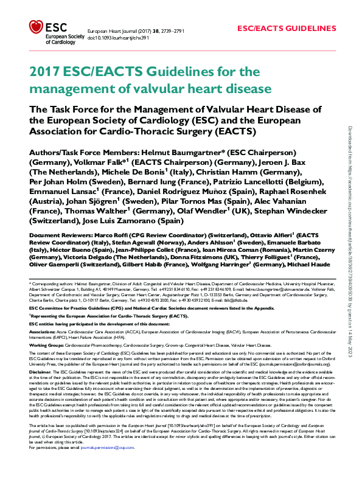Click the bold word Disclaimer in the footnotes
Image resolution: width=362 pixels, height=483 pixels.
(40, 371)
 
